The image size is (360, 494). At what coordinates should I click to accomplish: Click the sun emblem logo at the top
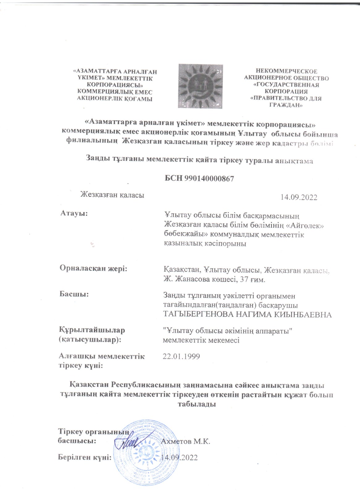200,86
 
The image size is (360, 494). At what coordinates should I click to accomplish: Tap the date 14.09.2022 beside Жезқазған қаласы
299,198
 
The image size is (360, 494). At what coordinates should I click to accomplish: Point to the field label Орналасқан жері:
94,268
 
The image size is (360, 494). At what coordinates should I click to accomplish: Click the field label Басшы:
74,294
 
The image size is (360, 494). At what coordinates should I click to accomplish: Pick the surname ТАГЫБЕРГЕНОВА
198,315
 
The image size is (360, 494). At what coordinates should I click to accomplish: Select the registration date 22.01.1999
181,357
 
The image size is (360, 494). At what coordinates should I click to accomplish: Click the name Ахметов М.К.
185,441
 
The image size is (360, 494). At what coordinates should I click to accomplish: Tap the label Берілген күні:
85,457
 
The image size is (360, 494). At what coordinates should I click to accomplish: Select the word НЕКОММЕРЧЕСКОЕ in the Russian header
286,71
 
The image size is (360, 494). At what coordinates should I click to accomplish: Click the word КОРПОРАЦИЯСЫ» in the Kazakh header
115,85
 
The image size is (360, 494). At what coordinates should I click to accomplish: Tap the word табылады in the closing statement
197,404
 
